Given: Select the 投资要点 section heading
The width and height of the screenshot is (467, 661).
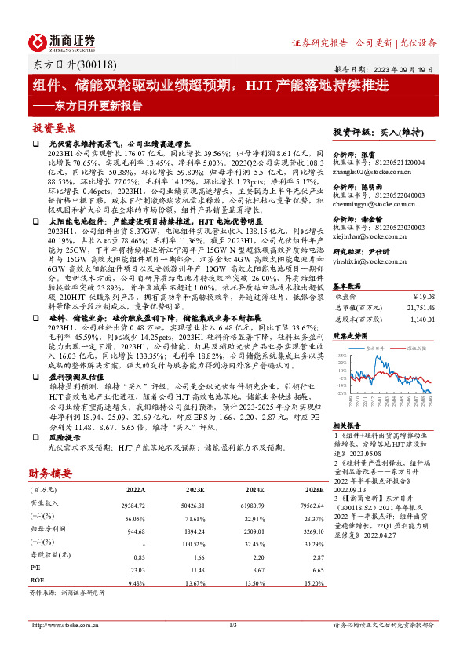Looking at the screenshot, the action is pos(54,126).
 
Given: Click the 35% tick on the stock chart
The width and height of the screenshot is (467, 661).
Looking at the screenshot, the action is pos(342,356).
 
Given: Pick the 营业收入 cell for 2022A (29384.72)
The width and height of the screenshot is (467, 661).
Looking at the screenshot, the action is pos(133,506).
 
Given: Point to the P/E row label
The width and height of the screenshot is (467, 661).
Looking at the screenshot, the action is pos(35,568).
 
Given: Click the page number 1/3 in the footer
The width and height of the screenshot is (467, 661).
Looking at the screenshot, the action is pos(233,625).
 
